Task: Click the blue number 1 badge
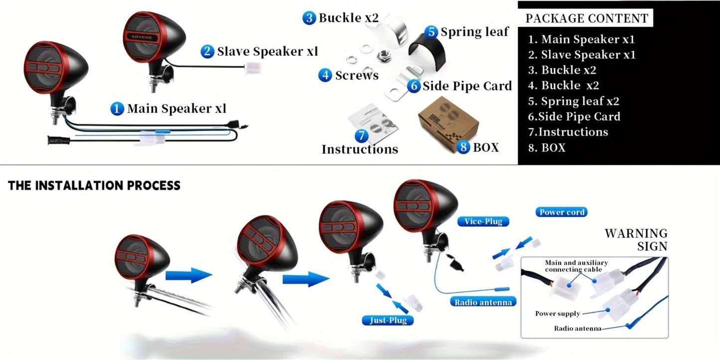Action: point(117,109)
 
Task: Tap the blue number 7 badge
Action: point(362,135)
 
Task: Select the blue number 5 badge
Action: point(432,32)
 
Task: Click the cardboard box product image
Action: point(448,123)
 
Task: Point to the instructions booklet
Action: point(373,123)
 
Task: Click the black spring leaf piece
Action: point(428,51)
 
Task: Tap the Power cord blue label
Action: point(562,212)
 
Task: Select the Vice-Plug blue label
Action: point(483,221)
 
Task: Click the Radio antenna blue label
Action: point(483,302)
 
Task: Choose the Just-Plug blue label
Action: point(388,320)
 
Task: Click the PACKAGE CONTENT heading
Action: point(587,18)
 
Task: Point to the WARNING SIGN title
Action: point(636,240)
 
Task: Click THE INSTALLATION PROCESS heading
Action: point(94,186)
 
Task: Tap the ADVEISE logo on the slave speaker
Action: point(142,37)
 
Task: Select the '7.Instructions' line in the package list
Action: point(568,132)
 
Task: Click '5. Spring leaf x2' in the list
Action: point(574,101)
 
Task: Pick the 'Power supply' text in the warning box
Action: point(558,313)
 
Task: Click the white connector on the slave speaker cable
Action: point(253,68)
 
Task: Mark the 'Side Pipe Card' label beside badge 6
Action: point(467,86)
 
